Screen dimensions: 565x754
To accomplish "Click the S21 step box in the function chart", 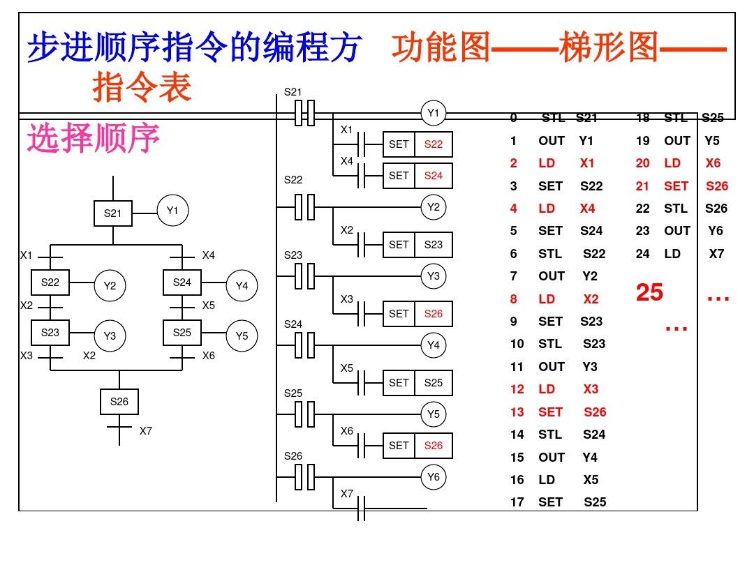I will coord(113,213).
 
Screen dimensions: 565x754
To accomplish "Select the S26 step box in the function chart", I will coord(119,402).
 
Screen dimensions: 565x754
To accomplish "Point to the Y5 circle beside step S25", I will coord(242,336).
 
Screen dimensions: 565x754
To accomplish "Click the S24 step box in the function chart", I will coord(182,282).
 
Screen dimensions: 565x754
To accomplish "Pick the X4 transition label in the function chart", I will coord(208,255).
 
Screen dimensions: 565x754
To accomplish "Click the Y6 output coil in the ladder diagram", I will coord(434,477).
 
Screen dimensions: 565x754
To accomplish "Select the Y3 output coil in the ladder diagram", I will coord(434,276).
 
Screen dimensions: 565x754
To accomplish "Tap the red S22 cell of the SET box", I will coord(434,144).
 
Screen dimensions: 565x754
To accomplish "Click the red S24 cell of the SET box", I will coord(434,176).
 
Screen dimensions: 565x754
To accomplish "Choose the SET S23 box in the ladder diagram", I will coord(417,245).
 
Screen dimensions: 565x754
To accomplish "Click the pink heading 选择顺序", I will coord(94,139).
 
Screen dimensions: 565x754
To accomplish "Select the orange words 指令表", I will coord(142,89).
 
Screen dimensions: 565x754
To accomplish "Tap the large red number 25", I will coord(649,292).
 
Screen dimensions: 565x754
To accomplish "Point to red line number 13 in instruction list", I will coord(517,412).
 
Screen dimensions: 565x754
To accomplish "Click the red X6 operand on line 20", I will coord(713,163).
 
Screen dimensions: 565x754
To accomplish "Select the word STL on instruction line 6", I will coord(550,254).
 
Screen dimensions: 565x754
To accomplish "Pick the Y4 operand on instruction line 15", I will coord(590,458).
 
